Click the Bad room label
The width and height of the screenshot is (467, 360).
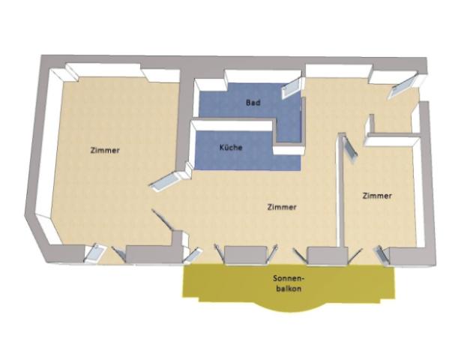click(x=253, y=103)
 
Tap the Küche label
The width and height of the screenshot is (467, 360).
click(x=231, y=147)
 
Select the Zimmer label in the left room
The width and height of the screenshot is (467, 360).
click(x=105, y=150)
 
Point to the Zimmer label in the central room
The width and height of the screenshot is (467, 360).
click(x=282, y=207)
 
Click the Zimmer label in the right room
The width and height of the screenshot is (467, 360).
click(x=377, y=196)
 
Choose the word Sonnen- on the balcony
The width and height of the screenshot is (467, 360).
click(x=289, y=279)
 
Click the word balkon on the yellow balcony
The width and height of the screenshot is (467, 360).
click(x=289, y=289)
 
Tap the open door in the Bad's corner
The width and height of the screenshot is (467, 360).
click(x=292, y=87)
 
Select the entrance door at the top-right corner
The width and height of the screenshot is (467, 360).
click(x=402, y=85)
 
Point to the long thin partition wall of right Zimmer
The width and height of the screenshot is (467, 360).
click(x=341, y=190)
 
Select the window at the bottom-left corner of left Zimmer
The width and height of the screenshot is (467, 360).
click(x=94, y=253)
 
